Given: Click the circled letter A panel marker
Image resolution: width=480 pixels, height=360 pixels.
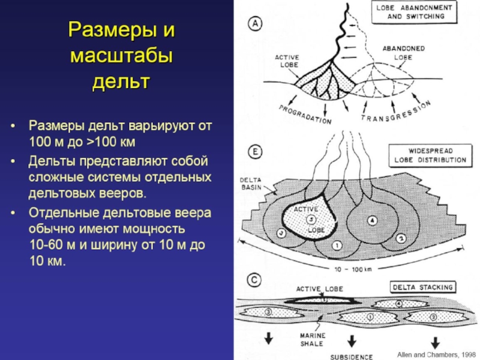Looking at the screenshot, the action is point(256,23).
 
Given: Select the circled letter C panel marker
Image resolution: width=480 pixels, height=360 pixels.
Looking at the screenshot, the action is point(255,280).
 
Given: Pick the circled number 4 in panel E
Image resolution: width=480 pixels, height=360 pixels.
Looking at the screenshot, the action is point(371,220).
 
